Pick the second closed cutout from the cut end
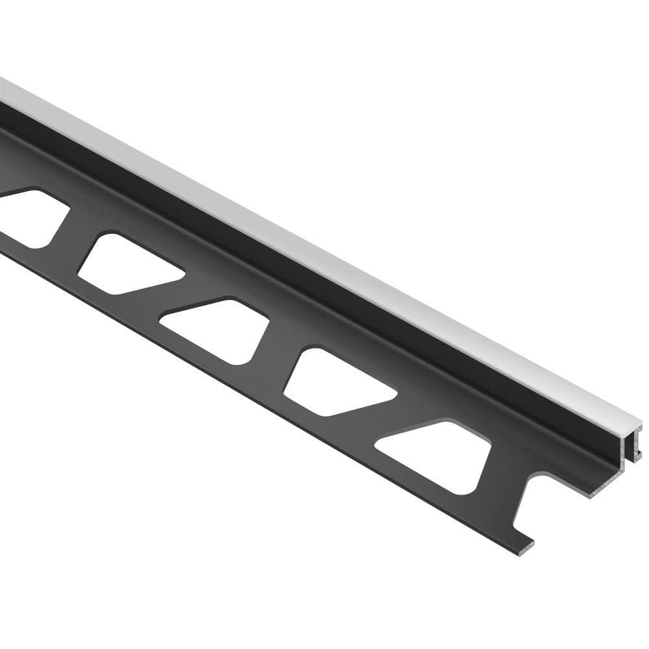tap(337, 383)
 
